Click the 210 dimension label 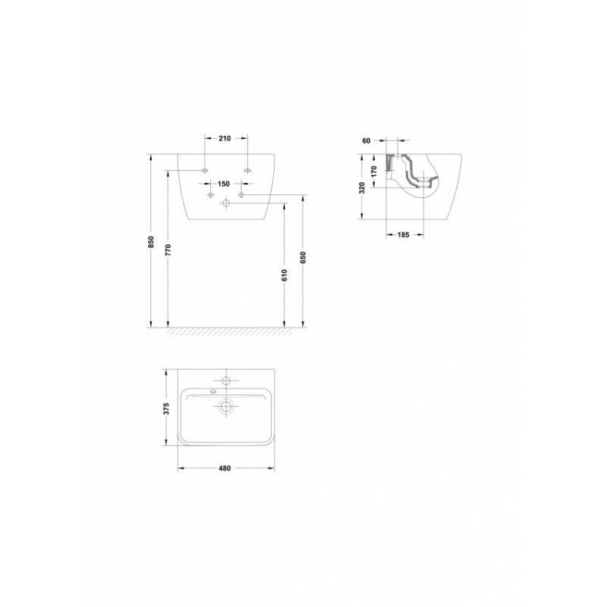[225, 138]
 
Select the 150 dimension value [223, 184]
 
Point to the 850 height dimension [151, 242]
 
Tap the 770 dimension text [168, 250]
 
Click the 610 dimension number [285, 275]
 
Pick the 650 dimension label [303, 258]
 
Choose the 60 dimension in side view [366, 141]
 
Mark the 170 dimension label [374, 171]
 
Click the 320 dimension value [362, 187]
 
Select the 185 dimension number [403, 234]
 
